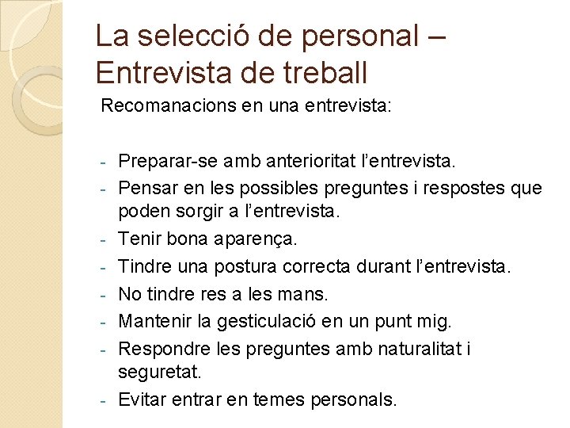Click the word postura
coord(239,267)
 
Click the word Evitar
coord(142,399)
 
